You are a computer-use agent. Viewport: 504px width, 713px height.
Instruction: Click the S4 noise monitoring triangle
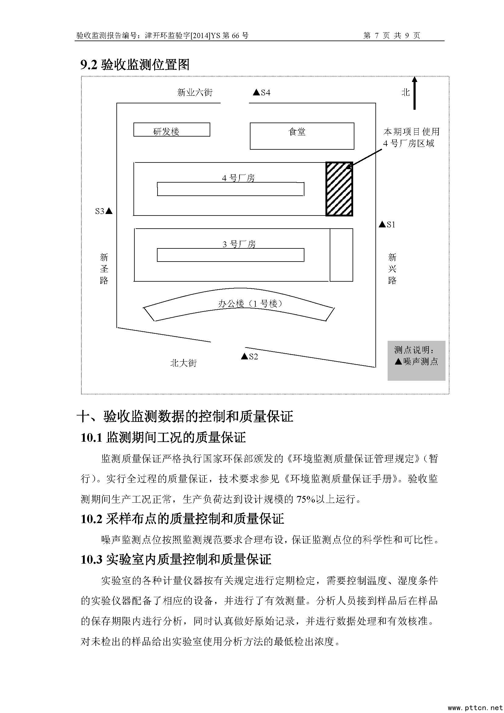256,92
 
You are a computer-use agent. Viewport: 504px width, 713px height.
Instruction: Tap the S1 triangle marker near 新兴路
382,224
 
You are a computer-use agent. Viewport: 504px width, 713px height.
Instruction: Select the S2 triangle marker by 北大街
245,356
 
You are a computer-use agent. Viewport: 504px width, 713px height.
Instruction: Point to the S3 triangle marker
109,212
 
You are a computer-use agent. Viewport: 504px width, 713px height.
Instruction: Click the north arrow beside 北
415,93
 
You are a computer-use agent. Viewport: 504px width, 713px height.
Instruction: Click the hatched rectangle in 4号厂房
339,188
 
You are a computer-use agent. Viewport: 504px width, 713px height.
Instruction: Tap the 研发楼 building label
166,132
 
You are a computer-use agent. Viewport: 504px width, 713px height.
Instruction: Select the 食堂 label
297,132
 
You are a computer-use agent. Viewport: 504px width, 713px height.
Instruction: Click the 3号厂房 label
239,244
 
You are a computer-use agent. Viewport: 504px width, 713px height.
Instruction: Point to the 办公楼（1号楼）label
250,303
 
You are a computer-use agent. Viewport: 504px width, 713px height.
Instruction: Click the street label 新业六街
195,92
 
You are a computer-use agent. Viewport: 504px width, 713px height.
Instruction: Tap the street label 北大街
183,363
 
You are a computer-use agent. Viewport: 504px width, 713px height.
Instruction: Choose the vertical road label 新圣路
104,269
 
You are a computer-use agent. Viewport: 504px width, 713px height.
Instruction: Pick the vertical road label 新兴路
392,269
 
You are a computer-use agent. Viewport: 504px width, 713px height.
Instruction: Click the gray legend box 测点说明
416,360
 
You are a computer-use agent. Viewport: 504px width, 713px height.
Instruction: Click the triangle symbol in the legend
399,362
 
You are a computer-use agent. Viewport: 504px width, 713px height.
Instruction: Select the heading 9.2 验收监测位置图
135,65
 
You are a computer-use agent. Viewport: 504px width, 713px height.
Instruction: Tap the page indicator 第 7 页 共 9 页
392,36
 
